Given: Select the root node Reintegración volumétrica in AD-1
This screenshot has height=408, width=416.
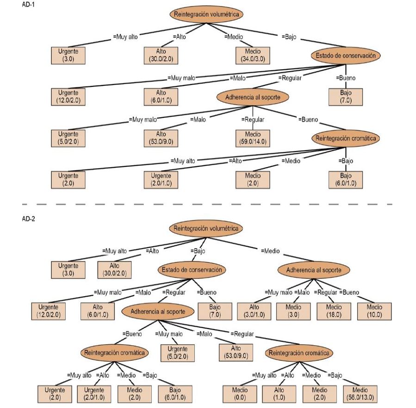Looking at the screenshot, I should coord(206,14).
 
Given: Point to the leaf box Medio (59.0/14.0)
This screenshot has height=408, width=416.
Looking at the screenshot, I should coord(252,138).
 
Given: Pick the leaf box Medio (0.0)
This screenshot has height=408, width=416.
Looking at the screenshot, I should coord(239,394).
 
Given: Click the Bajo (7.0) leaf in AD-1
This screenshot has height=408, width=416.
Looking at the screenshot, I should coord(345,97).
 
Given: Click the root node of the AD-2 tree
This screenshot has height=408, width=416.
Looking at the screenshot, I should coord(206,229).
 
